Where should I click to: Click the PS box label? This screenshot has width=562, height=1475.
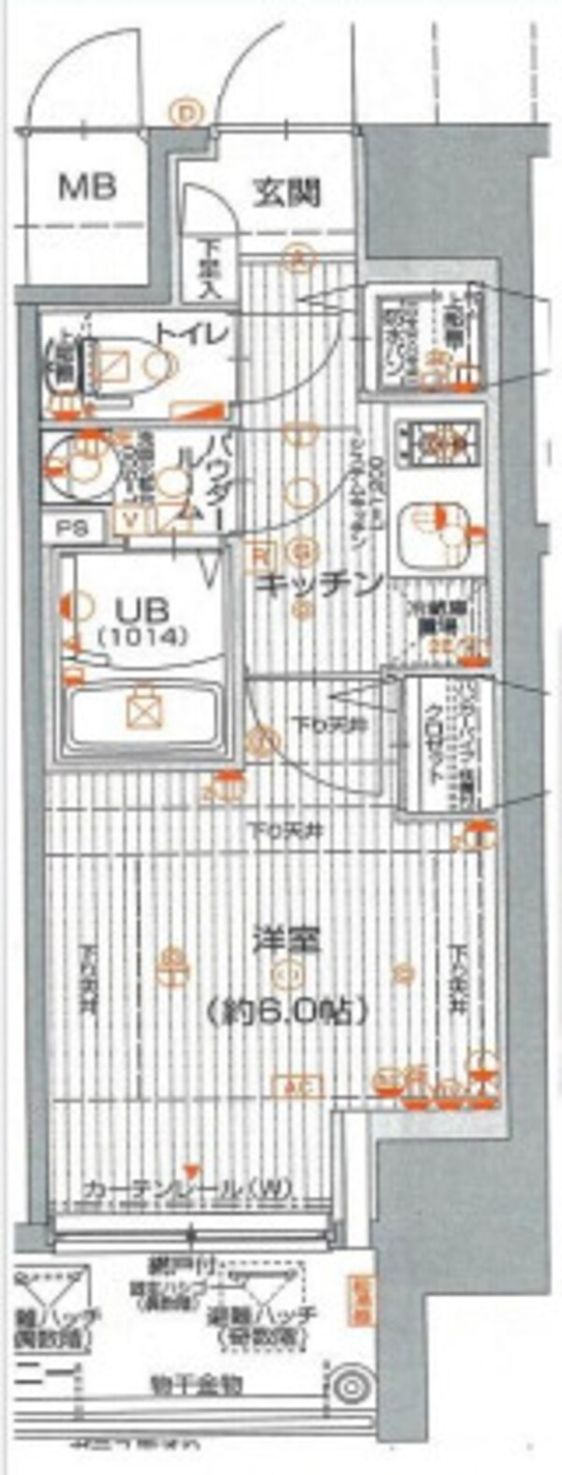[74, 527]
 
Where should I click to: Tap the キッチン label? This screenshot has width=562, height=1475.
[318, 583]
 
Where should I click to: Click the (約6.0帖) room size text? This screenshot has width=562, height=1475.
[287, 1010]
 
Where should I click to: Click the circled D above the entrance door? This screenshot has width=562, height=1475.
[187, 113]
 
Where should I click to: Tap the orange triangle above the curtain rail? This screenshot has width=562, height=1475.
[192, 1171]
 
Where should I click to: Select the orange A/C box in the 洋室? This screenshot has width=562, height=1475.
[297, 1086]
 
